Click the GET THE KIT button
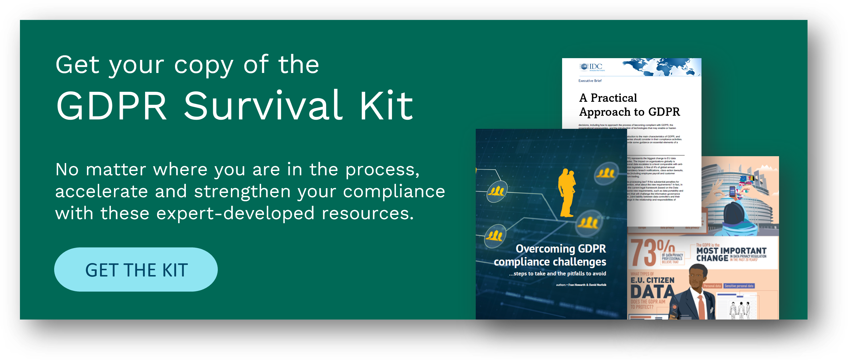(x=136, y=270)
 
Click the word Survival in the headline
(x=263, y=106)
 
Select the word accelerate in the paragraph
(x=101, y=192)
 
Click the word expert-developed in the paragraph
(x=235, y=213)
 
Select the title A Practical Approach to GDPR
(x=629, y=105)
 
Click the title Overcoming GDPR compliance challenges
(x=550, y=255)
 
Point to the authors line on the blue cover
(x=581, y=285)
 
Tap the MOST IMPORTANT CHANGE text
(x=731, y=254)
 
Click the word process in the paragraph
(x=382, y=170)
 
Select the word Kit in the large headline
(x=386, y=106)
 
